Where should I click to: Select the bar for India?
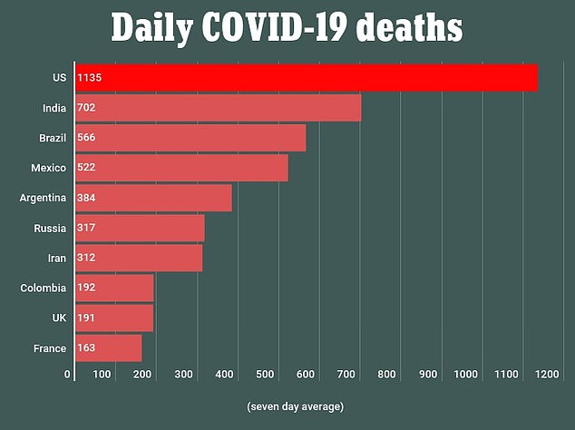[218, 108]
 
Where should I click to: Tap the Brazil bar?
[190, 138]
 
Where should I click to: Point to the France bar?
[108, 348]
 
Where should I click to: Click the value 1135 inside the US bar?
[90, 78]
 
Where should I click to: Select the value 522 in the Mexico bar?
[87, 168]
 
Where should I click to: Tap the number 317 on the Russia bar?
[87, 228]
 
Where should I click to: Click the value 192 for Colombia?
[87, 288]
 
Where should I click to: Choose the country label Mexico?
[47, 168]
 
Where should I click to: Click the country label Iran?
[55, 258]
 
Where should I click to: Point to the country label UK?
[58, 318]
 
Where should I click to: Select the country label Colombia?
[44, 288]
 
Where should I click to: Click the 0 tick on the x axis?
[67, 374]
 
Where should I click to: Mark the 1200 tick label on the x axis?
[546, 374]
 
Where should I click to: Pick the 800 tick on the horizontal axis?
[388, 374]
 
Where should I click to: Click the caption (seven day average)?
[296, 406]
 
